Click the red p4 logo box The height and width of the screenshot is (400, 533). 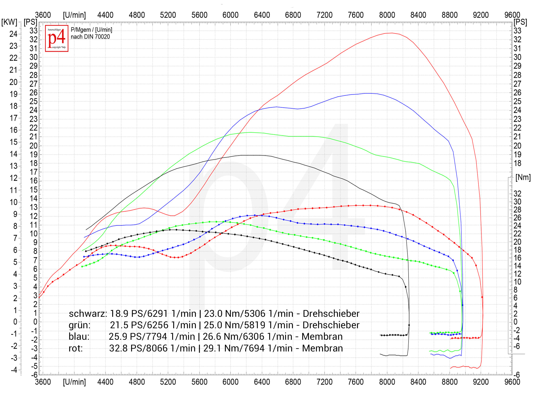click(x=56, y=38)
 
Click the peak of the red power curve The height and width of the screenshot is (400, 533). click(x=391, y=33)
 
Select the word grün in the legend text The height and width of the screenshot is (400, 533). click(x=79, y=325)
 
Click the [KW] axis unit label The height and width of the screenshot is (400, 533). click(x=9, y=22)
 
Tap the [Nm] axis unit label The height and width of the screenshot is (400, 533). click(x=523, y=177)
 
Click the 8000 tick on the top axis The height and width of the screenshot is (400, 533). click(x=387, y=15)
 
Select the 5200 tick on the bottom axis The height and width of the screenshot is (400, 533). click(x=168, y=382)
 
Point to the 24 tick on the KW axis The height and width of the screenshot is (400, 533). click(x=13, y=34)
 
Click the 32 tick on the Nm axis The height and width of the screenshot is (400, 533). click(x=517, y=194)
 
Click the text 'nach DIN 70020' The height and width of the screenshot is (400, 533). click(x=90, y=37)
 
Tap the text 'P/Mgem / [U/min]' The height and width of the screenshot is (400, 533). click(x=91, y=30)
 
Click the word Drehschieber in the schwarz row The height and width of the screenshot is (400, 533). click(x=331, y=314)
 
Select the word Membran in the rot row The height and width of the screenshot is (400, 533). click(x=322, y=348)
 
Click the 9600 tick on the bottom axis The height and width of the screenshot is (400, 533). click(x=512, y=382)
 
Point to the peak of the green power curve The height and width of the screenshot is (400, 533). click(x=250, y=132)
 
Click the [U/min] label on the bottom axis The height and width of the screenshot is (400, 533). click(x=74, y=382)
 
